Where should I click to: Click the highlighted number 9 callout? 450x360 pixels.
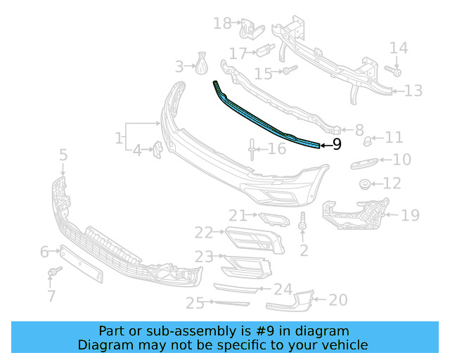(336, 145)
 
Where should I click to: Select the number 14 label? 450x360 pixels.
(399, 49)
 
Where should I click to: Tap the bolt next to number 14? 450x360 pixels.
(393, 71)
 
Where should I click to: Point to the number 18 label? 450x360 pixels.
(222, 24)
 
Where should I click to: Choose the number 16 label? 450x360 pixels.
(277, 148)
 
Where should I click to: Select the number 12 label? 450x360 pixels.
(392, 184)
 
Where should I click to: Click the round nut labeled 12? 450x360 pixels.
(366, 185)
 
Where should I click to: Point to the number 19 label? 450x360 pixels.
(409, 215)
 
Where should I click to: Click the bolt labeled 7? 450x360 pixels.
(52, 271)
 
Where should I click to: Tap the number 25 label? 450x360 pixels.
(195, 303)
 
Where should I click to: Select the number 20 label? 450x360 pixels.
(337, 300)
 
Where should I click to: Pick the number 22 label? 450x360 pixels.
(204, 232)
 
